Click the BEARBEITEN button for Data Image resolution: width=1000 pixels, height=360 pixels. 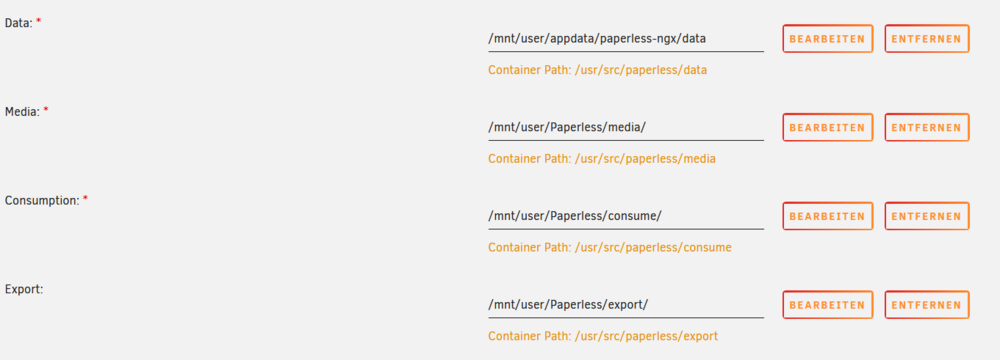click(x=827, y=39)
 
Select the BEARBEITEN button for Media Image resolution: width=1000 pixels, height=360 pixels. click(x=827, y=128)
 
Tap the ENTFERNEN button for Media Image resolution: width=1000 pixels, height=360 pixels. click(x=927, y=128)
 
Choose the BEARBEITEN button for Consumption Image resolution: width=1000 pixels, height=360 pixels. click(x=827, y=216)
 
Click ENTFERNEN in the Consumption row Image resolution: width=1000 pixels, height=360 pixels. click(x=927, y=216)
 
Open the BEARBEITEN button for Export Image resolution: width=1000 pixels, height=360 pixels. click(x=827, y=305)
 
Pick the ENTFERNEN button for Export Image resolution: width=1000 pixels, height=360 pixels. click(x=927, y=305)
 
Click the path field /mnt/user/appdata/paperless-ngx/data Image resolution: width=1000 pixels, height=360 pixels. click(x=626, y=39)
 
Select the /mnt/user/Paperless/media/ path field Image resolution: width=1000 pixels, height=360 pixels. click(x=626, y=128)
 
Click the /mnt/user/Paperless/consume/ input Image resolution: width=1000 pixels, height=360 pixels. click(x=626, y=216)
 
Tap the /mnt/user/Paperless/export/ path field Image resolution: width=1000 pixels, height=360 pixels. click(x=626, y=305)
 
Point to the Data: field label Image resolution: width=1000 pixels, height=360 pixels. click(x=18, y=22)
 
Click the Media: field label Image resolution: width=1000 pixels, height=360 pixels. click(x=22, y=112)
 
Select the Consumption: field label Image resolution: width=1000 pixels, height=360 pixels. click(x=42, y=200)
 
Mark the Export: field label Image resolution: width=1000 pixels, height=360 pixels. click(x=24, y=289)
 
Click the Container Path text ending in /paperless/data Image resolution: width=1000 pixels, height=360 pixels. click(x=598, y=70)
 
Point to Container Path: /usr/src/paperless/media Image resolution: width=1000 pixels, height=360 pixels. click(x=601, y=159)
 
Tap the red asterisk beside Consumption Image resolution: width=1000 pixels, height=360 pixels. click(x=85, y=199)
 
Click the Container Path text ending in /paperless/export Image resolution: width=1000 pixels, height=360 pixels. click(x=603, y=336)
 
